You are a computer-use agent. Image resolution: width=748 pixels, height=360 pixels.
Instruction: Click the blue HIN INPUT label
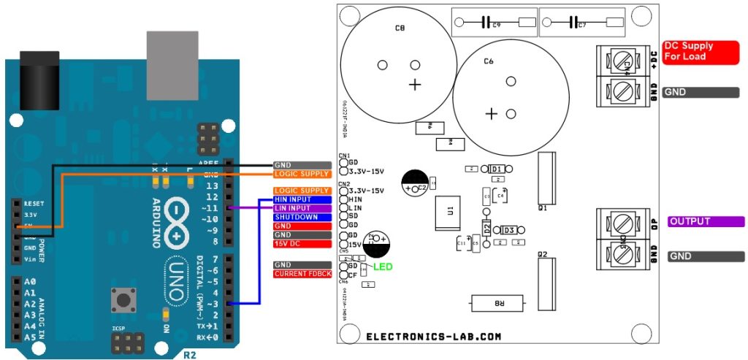tap(302, 199)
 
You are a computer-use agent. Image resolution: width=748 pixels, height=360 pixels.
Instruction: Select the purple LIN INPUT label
tap(302, 208)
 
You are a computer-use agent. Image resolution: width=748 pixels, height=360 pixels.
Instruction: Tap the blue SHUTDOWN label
tap(302, 217)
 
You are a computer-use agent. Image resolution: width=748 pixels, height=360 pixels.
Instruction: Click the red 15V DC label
tap(302, 244)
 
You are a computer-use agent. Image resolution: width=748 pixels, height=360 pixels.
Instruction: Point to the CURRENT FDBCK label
tap(302, 274)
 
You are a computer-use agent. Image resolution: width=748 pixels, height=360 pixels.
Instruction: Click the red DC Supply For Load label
tap(698, 51)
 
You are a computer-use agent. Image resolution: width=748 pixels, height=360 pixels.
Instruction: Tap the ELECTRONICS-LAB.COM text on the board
tap(434, 337)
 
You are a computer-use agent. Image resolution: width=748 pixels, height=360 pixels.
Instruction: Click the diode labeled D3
tap(509, 230)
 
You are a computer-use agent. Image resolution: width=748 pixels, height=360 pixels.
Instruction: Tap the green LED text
tap(383, 267)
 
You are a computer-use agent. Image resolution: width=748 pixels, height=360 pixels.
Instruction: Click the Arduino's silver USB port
tap(172, 55)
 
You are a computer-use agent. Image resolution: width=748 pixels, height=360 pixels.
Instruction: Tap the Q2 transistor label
tap(542, 256)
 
